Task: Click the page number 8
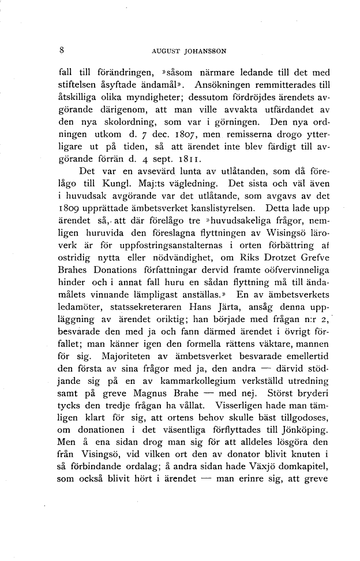click(62, 50)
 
